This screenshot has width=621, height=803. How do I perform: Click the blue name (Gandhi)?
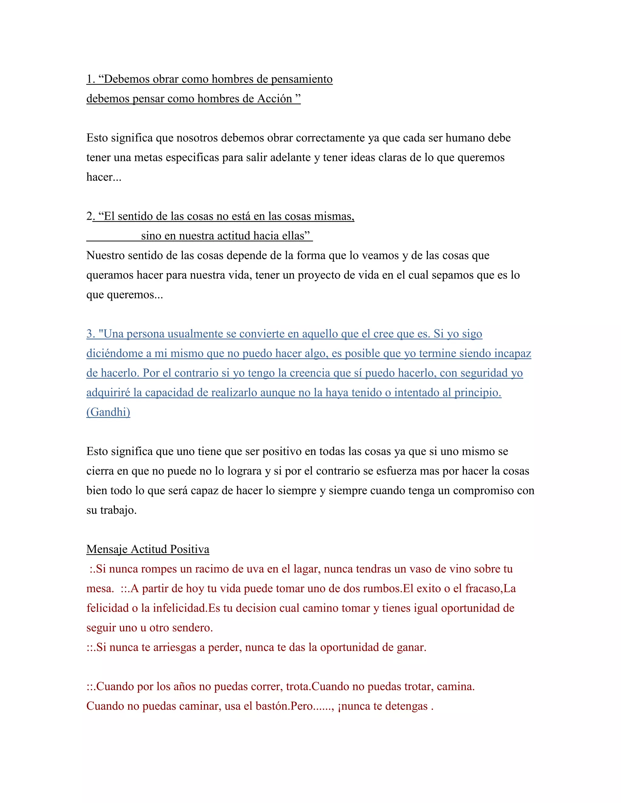108,412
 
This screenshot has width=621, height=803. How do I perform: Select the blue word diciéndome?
115,353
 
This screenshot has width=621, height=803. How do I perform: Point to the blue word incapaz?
512,353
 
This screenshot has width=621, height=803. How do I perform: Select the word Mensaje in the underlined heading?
107,549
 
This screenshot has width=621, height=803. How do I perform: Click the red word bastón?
270,706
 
